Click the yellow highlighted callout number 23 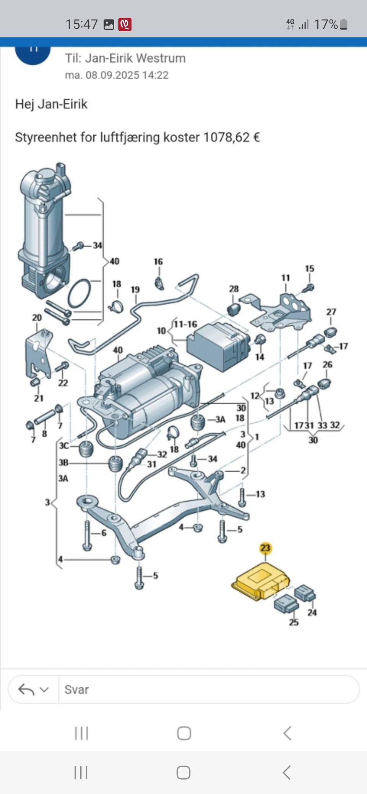pyautogui.click(x=265, y=548)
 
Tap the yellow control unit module pyautogui.click(x=260, y=581)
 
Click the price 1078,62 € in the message pyautogui.click(x=232, y=137)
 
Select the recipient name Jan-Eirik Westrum pyautogui.click(x=135, y=58)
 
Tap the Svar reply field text pyautogui.click(x=76, y=689)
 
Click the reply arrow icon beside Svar pyautogui.click(x=26, y=689)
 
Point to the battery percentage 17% pyautogui.click(x=326, y=25)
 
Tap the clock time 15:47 pyautogui.click(x=81, y=25)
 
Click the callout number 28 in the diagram pyautogui.click(x=234, y=289)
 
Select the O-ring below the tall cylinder pyautogui.click(x=80, y=294)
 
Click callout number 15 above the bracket pyautogui.click(x=310, y=268)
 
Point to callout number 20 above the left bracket pyautogui.click(x=37, y=318)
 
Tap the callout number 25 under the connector pyautogui.click(x=294, y=622)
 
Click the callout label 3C pyautogui.click(x=64, y=445)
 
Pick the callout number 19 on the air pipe pyautogui.click(x=135, y=290)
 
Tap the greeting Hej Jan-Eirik pyautogui.click(x=51, y=104)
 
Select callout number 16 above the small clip pyautogui.click(x=158, y=261)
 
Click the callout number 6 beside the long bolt pyautogui.click(x=104, y=533)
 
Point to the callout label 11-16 pyautogui.click(x=185, y=324)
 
